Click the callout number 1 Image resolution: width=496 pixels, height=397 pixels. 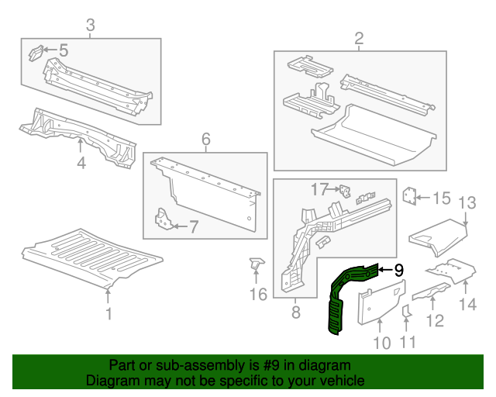click(108, 314)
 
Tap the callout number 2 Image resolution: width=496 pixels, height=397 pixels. click(359, 38)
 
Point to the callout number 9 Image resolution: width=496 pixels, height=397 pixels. click(398, 270)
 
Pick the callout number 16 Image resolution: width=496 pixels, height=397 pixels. click(257, 294)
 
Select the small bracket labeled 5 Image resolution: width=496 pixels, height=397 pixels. click(36, 53)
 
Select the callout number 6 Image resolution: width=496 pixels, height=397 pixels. click(205, 140)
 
